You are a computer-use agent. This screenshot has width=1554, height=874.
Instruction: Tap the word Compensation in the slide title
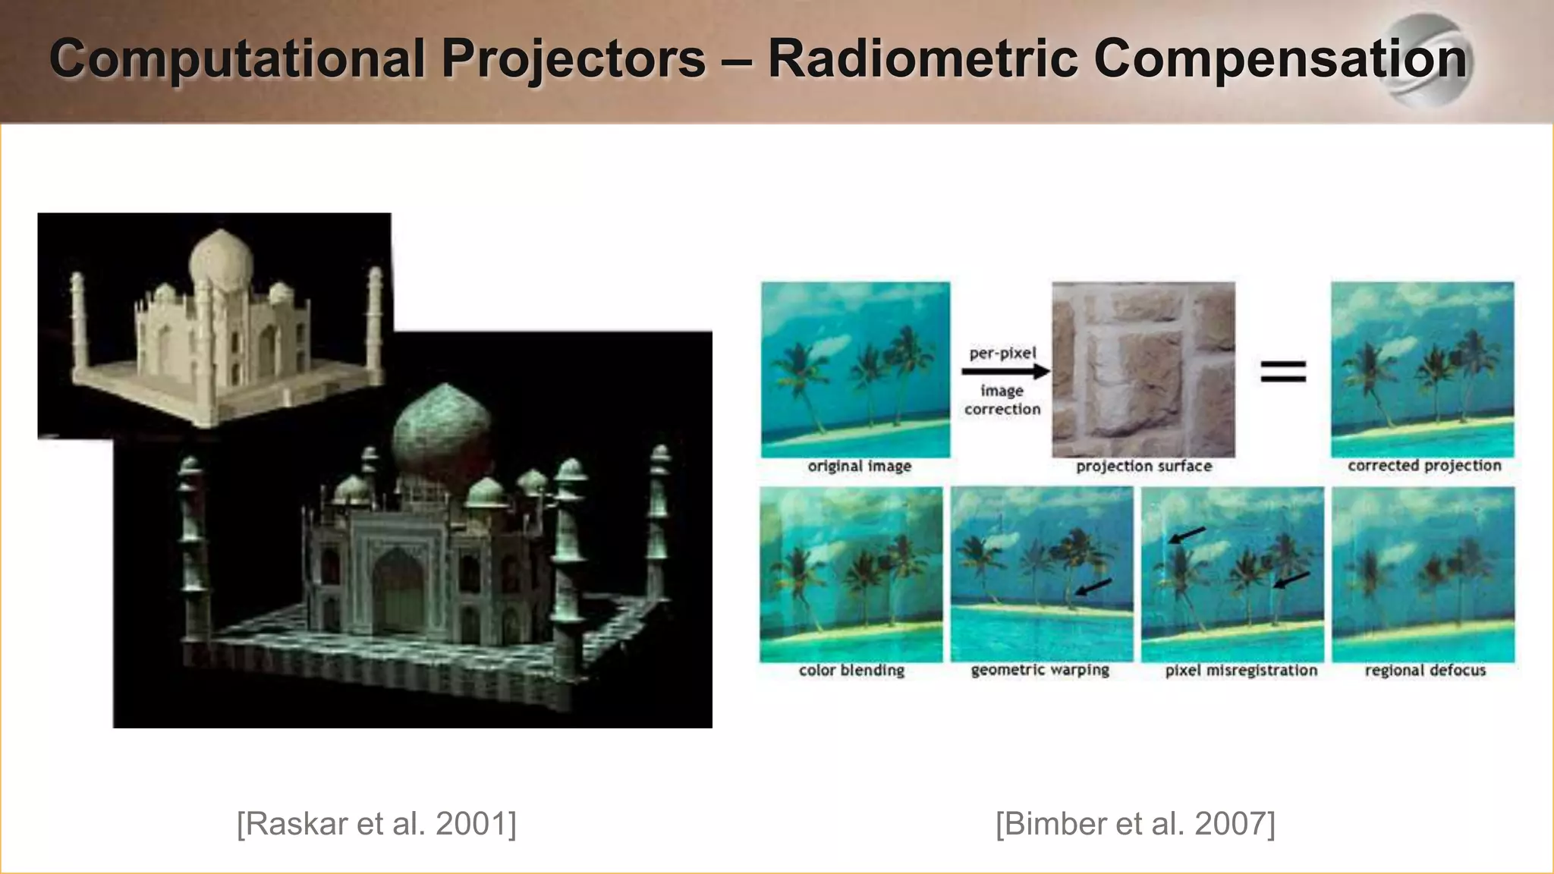click(1280, 59)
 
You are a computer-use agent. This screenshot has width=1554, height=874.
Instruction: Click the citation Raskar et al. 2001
click(376, 824)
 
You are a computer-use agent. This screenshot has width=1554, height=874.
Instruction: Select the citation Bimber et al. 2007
click(1135, 824)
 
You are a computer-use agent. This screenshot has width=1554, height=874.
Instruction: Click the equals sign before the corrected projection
click(1283, 371)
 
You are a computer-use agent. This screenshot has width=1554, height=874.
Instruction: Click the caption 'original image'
click(859, 466)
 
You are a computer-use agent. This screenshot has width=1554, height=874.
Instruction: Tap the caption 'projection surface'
click(1143, 466)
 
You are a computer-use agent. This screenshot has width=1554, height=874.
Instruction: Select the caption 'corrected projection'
click(1424, 465)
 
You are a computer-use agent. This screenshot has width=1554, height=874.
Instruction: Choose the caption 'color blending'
click(851, 670)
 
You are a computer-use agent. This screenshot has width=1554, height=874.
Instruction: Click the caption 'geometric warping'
click(1040, 670)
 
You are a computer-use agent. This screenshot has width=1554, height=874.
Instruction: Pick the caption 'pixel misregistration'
click(1241, 670)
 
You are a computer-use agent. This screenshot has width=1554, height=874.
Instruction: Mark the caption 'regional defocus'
click(1424, 670)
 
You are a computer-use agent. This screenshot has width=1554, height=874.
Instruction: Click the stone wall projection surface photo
click(1143, 369)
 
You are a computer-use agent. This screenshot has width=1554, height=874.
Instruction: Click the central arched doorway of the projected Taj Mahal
click(398, 591)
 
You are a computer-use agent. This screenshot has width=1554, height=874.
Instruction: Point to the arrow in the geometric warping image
click(1093, 586)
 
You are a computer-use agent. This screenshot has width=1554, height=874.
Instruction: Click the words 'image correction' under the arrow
click(1002, 400)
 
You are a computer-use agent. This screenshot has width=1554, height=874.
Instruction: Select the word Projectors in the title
click(574, 59)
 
